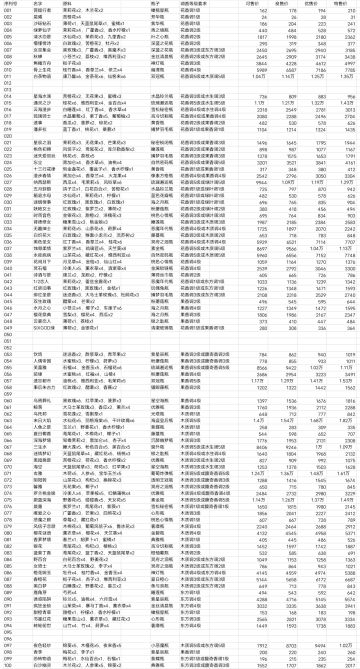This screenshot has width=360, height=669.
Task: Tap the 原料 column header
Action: pyautogui.click(x=69, y=4)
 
